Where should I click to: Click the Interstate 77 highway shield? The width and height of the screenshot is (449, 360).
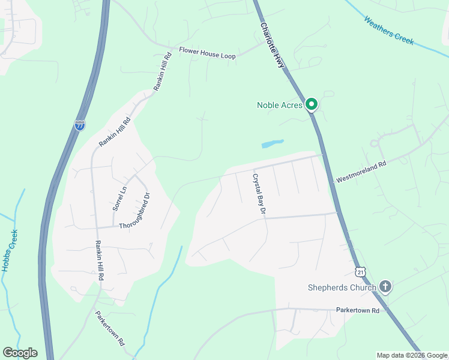(x=80, y=125)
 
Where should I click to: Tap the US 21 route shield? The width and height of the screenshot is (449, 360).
(x=360, y=272)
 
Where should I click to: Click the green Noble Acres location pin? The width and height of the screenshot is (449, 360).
(x=311, y=105)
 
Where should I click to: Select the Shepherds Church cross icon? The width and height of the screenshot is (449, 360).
(x=385, y=287)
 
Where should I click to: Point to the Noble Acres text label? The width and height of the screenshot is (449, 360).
(x=279, y=105)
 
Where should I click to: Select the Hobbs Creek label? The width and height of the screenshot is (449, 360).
(x=10, y=251)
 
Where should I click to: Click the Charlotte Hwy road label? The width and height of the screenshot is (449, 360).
(x=272, y=46)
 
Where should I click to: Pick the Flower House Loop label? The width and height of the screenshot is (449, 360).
(x=207, y=53)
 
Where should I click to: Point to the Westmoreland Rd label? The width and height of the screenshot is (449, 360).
(x=361, y=171)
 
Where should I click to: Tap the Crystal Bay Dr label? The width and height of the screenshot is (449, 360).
(x=259, y=193)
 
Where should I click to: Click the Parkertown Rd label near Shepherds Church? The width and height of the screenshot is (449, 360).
(x=358, y=310)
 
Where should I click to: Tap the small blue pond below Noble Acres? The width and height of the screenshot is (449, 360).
(x=272, y=144)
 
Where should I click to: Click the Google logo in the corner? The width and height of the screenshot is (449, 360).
(x=20, y=353)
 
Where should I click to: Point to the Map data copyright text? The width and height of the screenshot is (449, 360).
(x=412, y=355)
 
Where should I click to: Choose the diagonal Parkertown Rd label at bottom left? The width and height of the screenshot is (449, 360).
(x=109, y=328)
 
